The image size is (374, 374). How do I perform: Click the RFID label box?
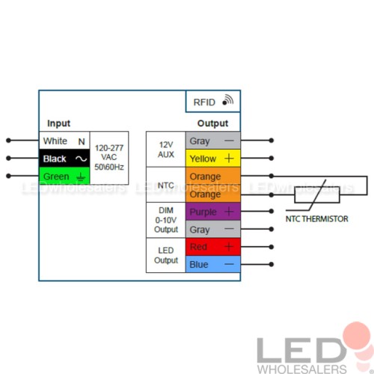213,102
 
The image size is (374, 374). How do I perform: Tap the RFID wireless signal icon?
228,99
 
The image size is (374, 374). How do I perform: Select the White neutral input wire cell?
64,141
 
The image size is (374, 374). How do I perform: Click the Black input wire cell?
64,159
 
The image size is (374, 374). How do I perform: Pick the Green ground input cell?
64,176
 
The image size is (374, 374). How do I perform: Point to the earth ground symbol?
81,177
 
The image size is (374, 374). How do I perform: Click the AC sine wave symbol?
82,159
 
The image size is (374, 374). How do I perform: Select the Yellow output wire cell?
213,159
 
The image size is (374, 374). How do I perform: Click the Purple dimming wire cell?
213,212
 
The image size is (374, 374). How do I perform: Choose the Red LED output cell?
213,247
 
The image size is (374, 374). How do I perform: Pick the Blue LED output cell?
213,264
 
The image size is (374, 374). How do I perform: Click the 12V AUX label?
166,150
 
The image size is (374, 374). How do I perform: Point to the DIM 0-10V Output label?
166,220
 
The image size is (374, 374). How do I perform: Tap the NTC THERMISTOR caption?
316,219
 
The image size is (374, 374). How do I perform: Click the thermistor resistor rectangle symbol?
317,194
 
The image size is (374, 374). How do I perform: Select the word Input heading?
59,123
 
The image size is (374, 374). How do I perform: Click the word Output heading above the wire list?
212,123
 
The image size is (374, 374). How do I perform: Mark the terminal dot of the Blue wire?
272,264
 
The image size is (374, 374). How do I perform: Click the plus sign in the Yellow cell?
229,159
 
